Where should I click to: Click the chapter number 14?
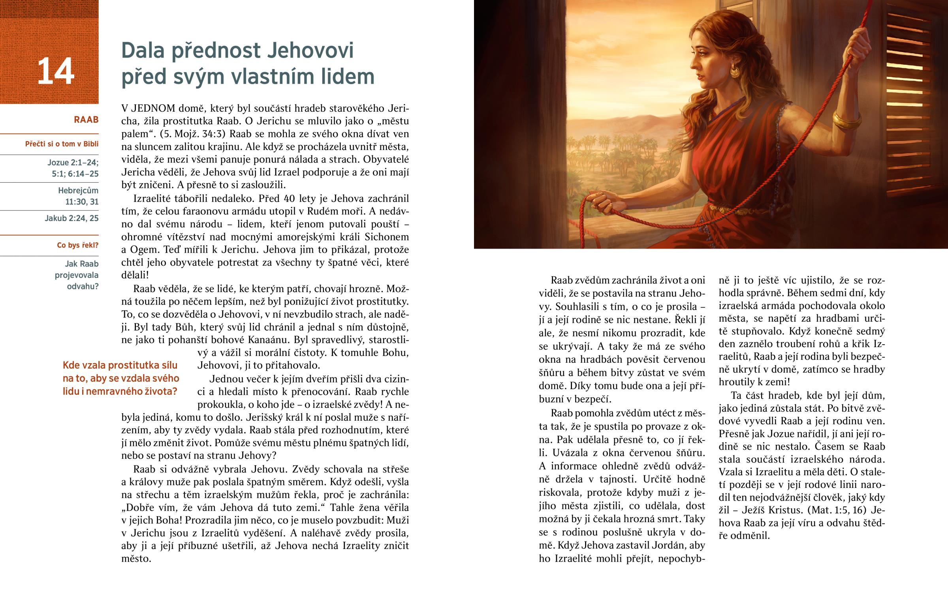[56, 71]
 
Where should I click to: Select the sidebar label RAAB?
[86, 120]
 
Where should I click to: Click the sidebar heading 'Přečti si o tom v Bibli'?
[62, 144]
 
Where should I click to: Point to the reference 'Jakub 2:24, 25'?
[71, 218]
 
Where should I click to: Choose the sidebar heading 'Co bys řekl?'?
[77, 245]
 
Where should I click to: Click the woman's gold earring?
[734, 71]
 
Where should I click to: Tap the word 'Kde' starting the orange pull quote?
[71, 365]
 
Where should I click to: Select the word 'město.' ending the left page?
[136, 559]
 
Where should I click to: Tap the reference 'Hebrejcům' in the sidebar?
[78, 191]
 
